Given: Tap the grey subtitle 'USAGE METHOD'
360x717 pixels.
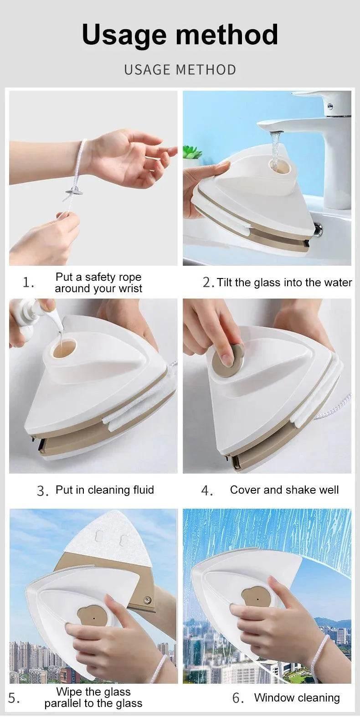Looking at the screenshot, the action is point(180,70).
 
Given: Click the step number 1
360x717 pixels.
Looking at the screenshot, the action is point(27,282).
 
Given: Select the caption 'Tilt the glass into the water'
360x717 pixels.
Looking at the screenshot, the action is point(284,282).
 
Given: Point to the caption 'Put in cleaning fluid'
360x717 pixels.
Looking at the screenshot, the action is point(105,490).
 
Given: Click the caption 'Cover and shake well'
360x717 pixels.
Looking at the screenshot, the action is point(284,490).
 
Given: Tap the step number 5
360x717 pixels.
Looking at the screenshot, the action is point(14,698).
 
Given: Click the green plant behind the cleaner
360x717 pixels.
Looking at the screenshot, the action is point(192,152).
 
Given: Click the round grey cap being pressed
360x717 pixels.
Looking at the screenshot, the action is point(228,361).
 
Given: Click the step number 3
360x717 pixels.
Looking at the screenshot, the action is point(42,491).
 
